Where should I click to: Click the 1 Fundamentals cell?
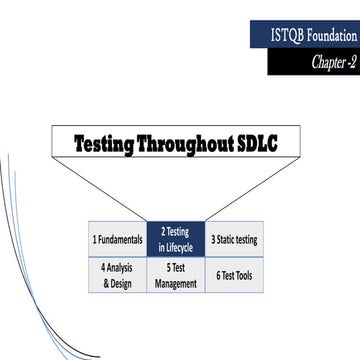click(x=118, y=240)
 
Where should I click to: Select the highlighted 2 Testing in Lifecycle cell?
click(x=176, y=240)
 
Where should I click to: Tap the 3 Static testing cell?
click(x=235, y=240)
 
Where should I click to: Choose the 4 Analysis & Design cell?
click(x=118, y=276)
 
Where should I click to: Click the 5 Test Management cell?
click(x=176, y=276)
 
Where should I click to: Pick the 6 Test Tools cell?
click(x=235, y=276)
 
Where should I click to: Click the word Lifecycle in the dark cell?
click(x=180, y=247)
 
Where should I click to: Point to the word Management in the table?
click(x=176, y=283)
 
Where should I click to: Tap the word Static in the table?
click(x=229, y=240)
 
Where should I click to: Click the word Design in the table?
click(x=124, y=283)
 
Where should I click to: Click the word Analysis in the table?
click(x=121, y=268)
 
